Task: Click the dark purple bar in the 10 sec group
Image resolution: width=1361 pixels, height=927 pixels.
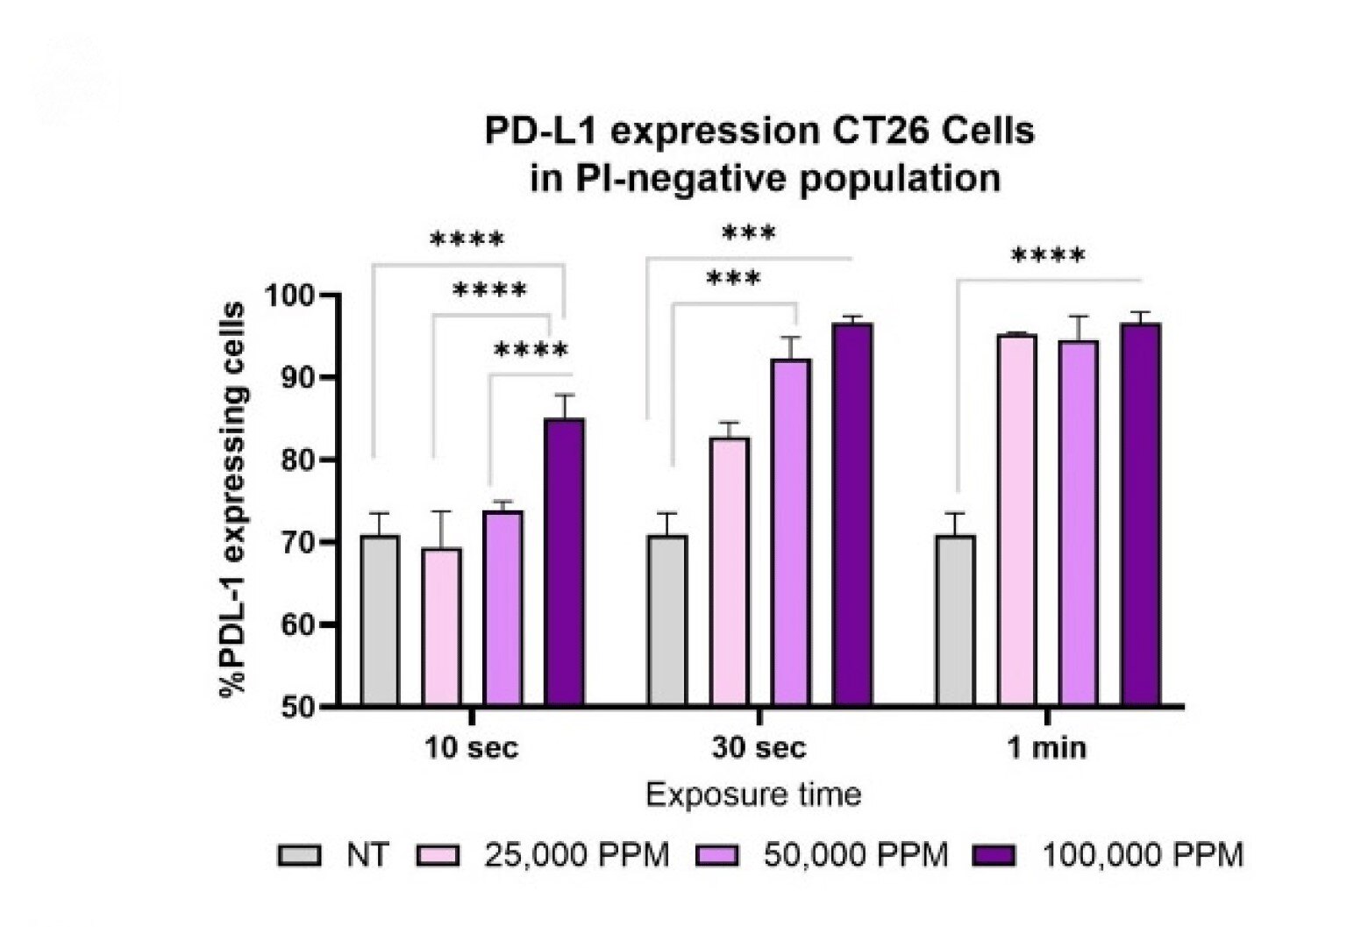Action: tap(564, 561)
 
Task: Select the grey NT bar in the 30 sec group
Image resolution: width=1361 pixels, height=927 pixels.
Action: tap(667, 619)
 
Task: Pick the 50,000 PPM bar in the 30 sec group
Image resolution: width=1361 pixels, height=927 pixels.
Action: tap(791, 531)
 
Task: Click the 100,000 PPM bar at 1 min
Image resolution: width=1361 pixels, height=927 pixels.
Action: tap(1140, 514)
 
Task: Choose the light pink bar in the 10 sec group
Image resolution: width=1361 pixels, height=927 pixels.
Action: tap(441, 626)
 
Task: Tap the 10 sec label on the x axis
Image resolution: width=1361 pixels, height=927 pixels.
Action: tap(472, 748)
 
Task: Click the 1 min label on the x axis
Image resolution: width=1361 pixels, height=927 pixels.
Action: tap(1046, 748)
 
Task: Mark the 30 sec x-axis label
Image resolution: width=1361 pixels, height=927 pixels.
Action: tap(759, 748)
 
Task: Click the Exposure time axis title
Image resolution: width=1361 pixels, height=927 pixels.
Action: tap(753, 795)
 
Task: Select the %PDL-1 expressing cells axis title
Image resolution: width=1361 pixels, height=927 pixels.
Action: tap(233, 500)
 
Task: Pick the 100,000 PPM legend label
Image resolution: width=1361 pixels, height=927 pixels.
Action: tap(1142, 854)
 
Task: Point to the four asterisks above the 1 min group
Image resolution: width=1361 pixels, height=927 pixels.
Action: tap(1048, 257)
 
